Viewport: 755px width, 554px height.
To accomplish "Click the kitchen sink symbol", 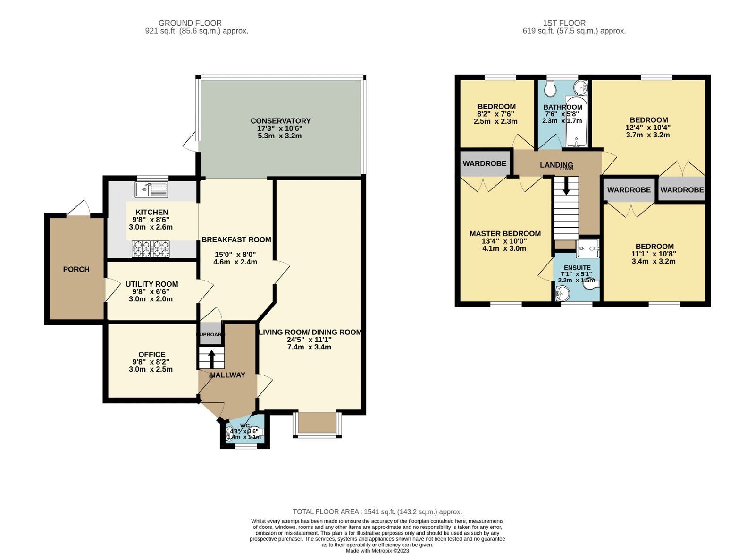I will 151,189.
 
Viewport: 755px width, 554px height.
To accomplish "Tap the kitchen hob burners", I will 151,249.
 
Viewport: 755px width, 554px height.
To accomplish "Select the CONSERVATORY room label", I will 280,121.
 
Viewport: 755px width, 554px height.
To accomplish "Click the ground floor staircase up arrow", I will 211,358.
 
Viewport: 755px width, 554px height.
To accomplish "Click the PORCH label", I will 76,269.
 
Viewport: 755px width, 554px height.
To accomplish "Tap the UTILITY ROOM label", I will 151,284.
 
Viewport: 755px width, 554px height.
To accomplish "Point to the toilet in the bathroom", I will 550,88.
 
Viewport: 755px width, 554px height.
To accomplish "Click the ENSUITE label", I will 577,267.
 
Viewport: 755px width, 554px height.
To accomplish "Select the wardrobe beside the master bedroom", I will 484,163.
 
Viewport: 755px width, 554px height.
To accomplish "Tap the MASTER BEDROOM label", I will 505,233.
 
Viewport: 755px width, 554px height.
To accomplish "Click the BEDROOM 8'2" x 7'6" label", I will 496,106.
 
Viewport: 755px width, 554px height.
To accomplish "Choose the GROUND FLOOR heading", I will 190,23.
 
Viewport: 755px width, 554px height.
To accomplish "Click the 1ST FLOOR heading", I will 564,23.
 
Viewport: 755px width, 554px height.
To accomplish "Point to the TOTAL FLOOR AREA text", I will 377,511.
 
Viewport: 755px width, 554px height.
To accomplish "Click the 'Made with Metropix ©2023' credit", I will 377,551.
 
